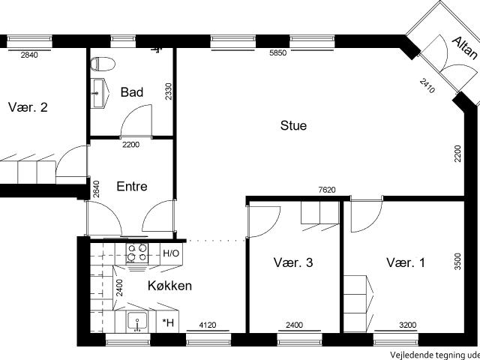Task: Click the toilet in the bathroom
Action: click(x=103, y=64)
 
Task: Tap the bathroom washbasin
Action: click(x=100, y=93)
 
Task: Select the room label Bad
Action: click(x=132, y=92)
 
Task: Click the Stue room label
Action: click(x=293, y=125)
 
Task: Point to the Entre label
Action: click(x=132, y=187)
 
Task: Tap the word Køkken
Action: click(x=170, y=286)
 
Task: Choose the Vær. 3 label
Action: click(x=293, y=262)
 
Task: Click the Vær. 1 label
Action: click(x=406, y=262)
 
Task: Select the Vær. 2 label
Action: click(x=28, y=107)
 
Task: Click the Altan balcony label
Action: click(x=465, y=48)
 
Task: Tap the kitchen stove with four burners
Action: click(x=137, y=253)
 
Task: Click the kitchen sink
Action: click(x=137, y=322)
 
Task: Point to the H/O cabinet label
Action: click(x=171, y=253)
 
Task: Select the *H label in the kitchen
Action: click(x=168, y=322)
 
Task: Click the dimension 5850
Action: click(x=278, y=52)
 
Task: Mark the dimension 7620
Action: click(x=327, y=190)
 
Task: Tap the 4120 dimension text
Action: click(x=208, y=325)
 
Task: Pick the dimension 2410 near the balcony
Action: click(x=427, y=86)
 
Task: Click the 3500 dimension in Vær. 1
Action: click(x=457, y=261)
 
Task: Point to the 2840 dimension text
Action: click(x=29, y=55)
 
